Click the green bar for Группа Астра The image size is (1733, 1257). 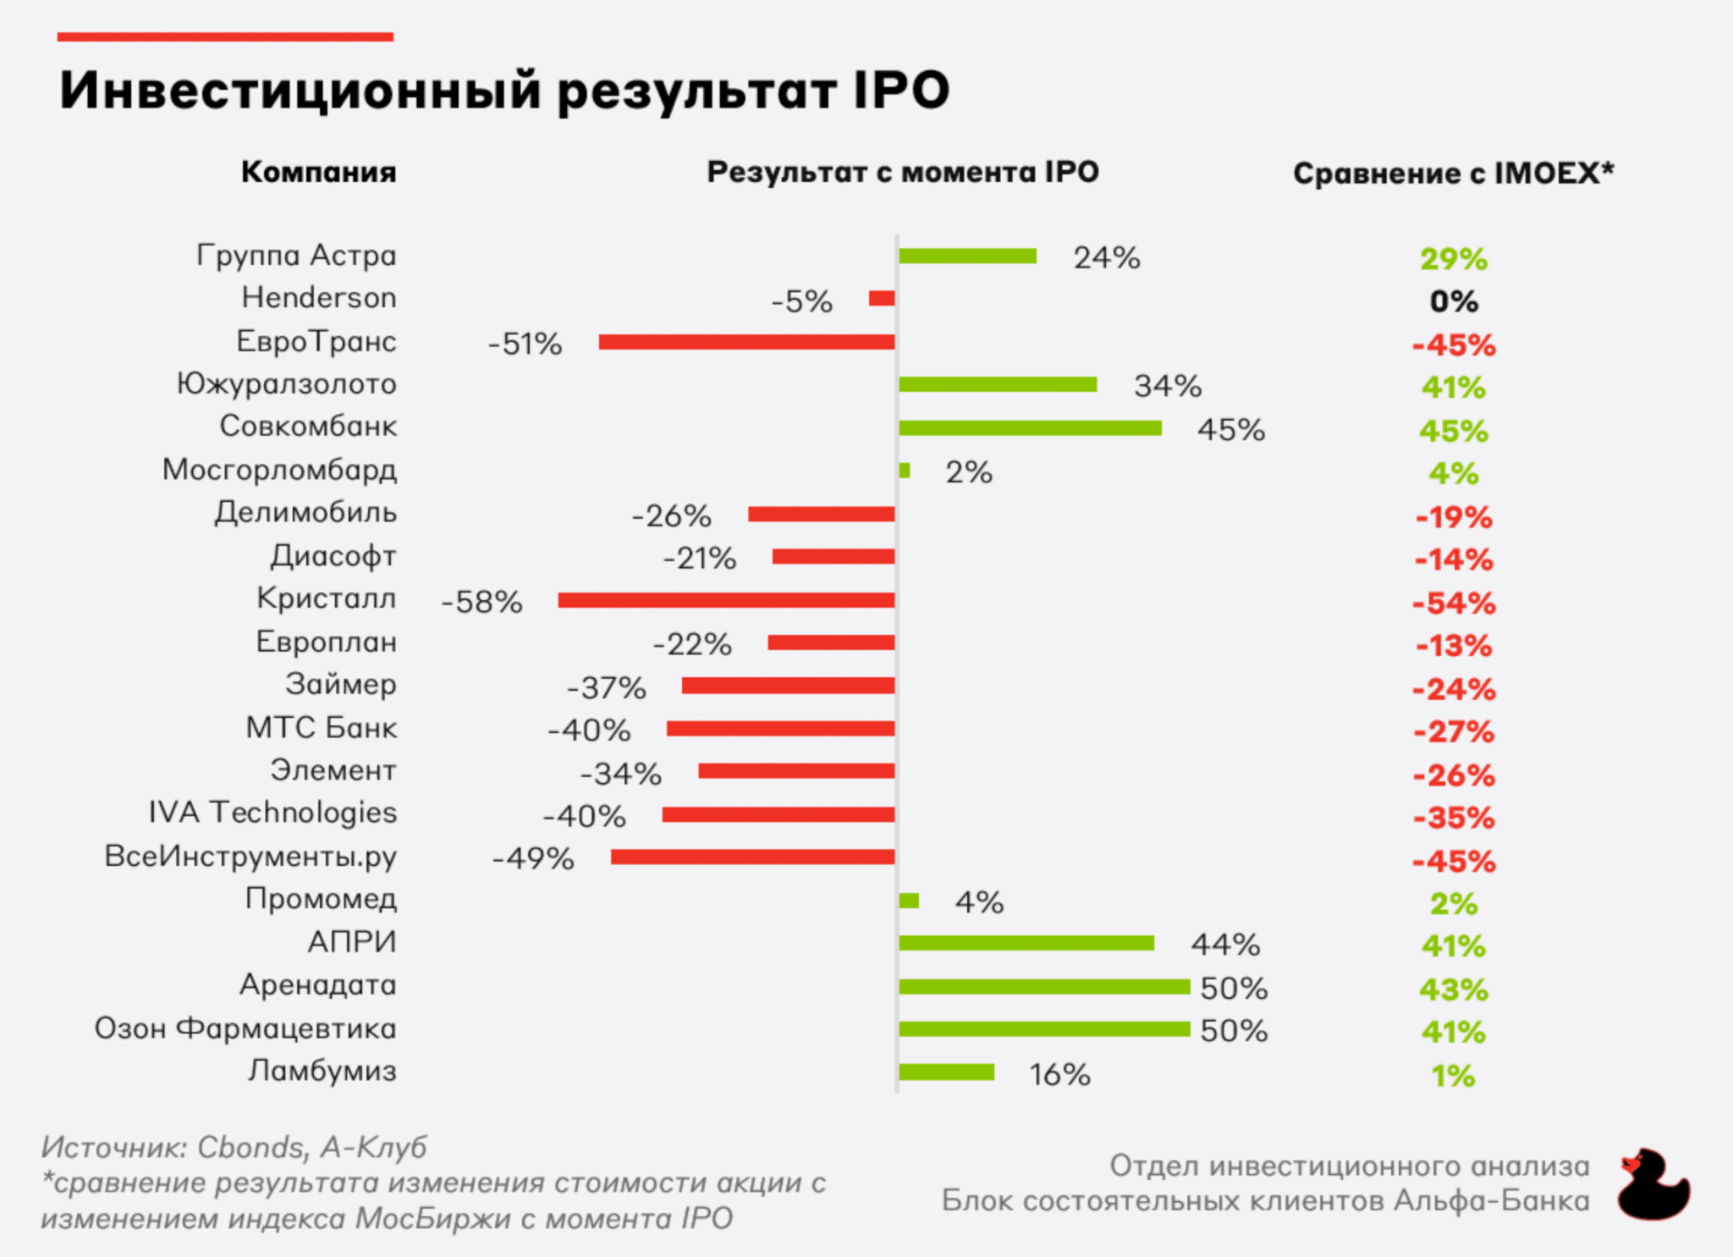(967, 256)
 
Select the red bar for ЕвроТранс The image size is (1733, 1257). (746, 342)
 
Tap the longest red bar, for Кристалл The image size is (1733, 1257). (726, 600)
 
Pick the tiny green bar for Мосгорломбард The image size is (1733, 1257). (905, 471)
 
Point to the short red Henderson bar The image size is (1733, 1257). (882, 298)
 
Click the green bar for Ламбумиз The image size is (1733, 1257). (946, 1072)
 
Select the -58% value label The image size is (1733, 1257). (481, 602)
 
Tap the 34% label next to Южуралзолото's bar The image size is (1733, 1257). (1168, 386)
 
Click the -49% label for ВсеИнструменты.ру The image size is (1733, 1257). (533, 858)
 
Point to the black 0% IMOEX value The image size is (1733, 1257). (1454, 301)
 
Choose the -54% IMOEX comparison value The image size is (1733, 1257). (1454, 604)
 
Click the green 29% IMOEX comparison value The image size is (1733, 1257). (1454, 259)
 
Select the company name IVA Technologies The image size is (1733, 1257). (272, 813)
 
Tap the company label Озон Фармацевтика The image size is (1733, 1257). (245, 1028)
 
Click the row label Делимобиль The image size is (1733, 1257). (305, 513)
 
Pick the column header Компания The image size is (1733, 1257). (318, 172)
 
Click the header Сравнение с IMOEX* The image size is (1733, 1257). (1453, 173)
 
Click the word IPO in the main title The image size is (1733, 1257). (901, 90)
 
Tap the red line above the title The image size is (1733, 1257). (225, 37)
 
